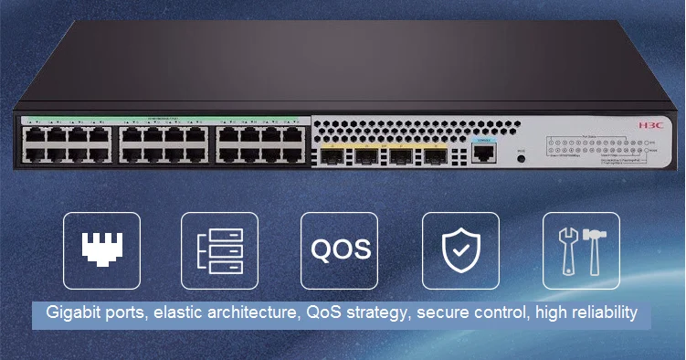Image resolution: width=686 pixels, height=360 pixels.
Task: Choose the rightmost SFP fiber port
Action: pyautogui.click(x=434, y=156)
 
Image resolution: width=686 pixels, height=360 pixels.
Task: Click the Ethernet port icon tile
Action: pyautogui.click(x=102, y=249)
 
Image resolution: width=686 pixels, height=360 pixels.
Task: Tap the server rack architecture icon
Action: pyautogui.click(x=219, y=249)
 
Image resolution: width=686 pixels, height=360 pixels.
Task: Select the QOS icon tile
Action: pyautogui.click(x=340, y=249)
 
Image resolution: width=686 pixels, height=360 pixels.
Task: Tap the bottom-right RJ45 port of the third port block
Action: pyautogui.click(x=293, y=155)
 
